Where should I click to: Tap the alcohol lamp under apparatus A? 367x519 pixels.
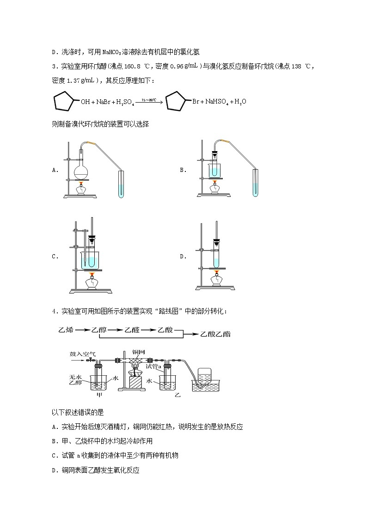[x=81, y=189]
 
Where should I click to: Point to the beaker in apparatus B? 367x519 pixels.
[x=215, y=169]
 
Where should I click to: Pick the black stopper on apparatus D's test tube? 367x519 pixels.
[x=216, y=242]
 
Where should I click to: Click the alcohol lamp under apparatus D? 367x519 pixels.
[x=215, y=280]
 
